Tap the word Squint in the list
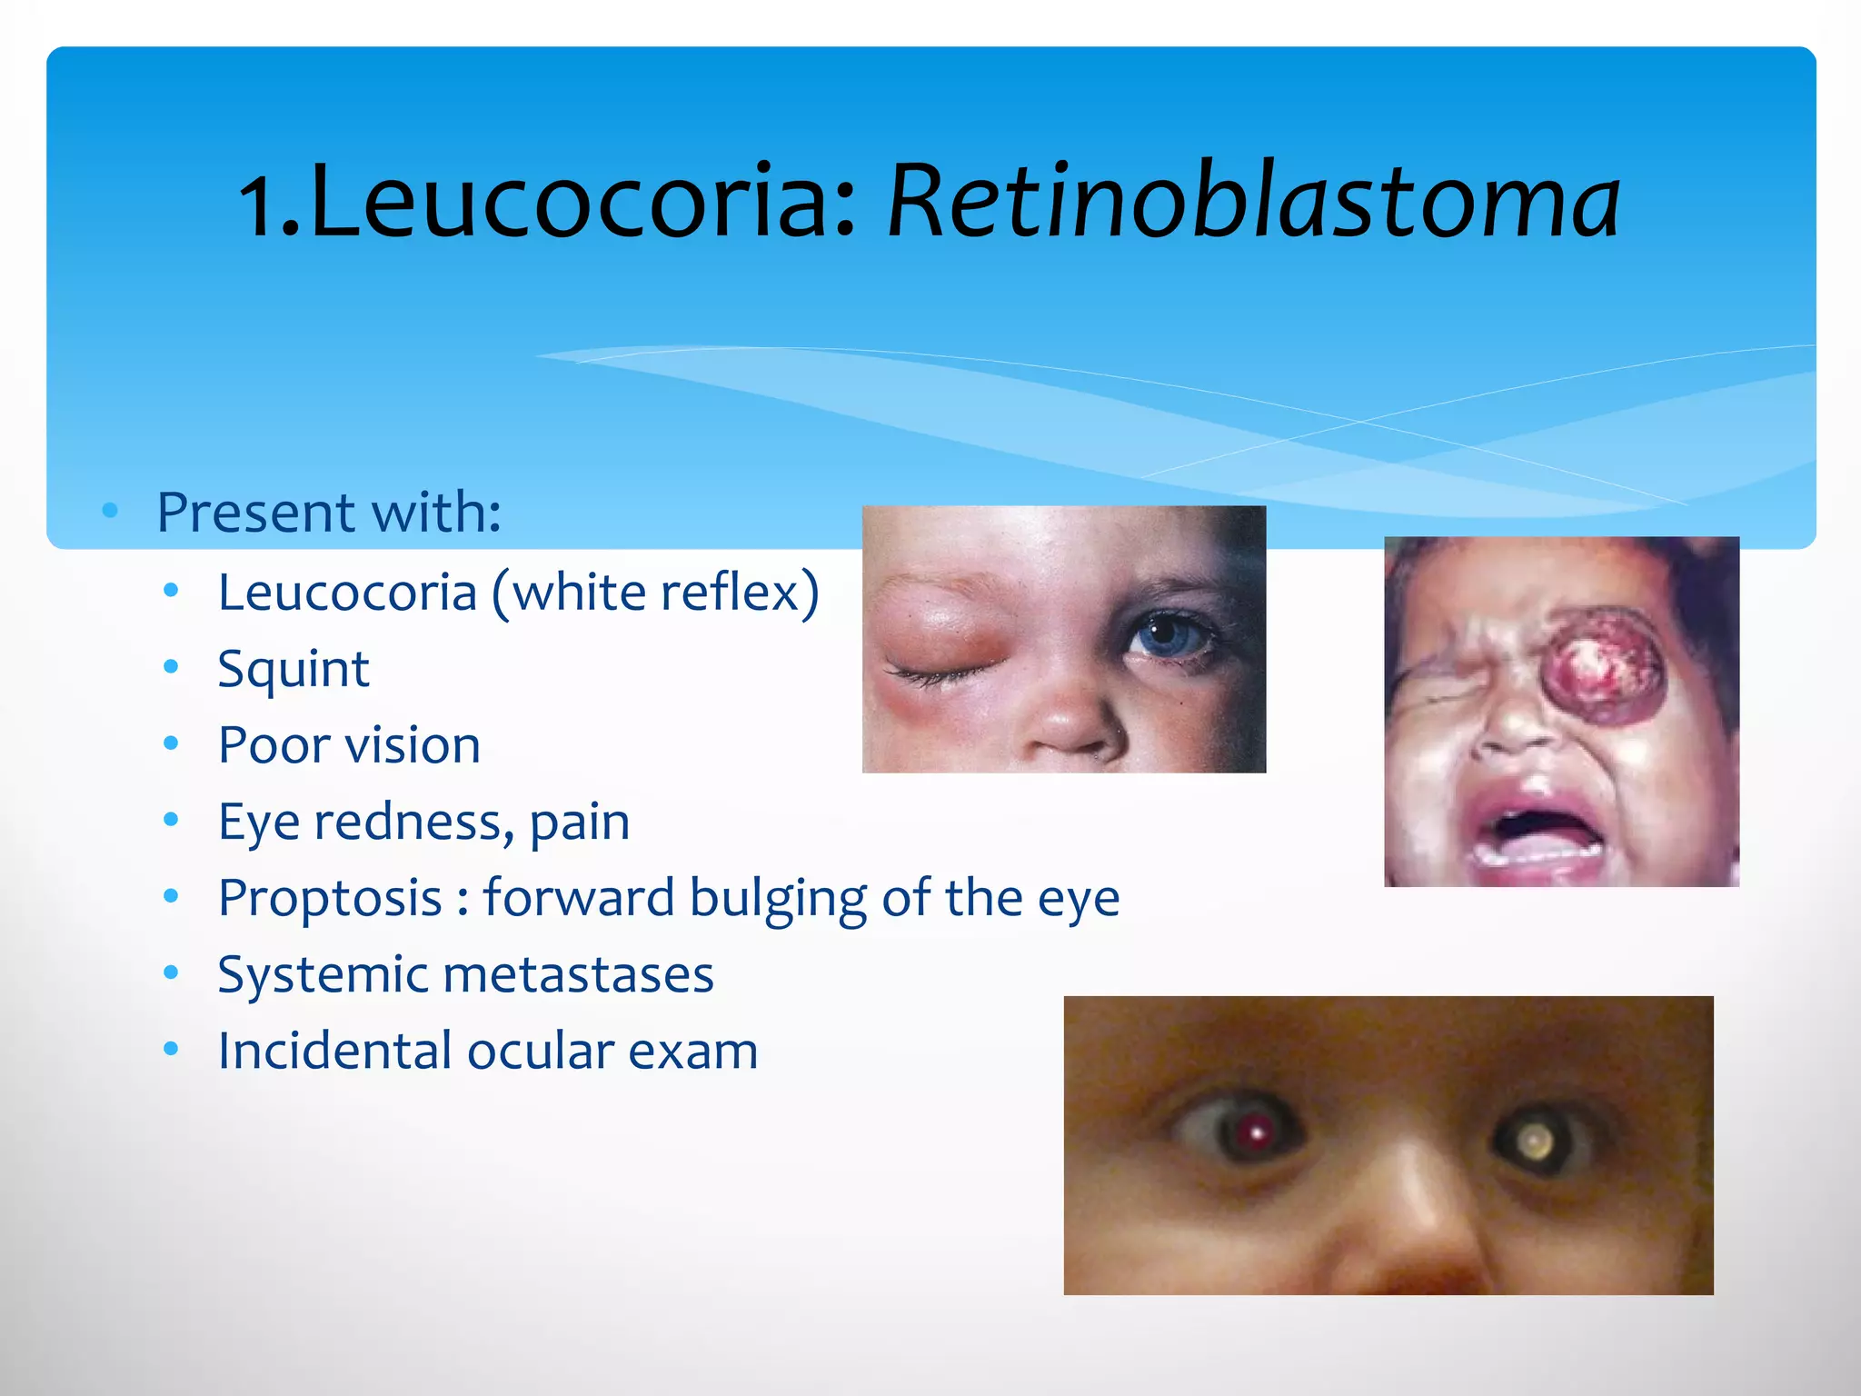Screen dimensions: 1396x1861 tap(294, 670)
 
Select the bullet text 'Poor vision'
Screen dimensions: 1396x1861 tap(349, 746)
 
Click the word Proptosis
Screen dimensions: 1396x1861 tap(330, 899)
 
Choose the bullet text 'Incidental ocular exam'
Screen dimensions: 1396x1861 tap(488, 1052)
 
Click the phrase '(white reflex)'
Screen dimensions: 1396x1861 tap(655, 593)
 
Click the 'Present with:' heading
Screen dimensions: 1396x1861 tap(329, 513)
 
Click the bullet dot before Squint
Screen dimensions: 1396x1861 tap(171, 668)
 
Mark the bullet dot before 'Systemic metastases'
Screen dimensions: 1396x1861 tap(171, 973)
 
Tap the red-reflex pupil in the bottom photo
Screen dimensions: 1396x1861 tap(1257, 1132)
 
